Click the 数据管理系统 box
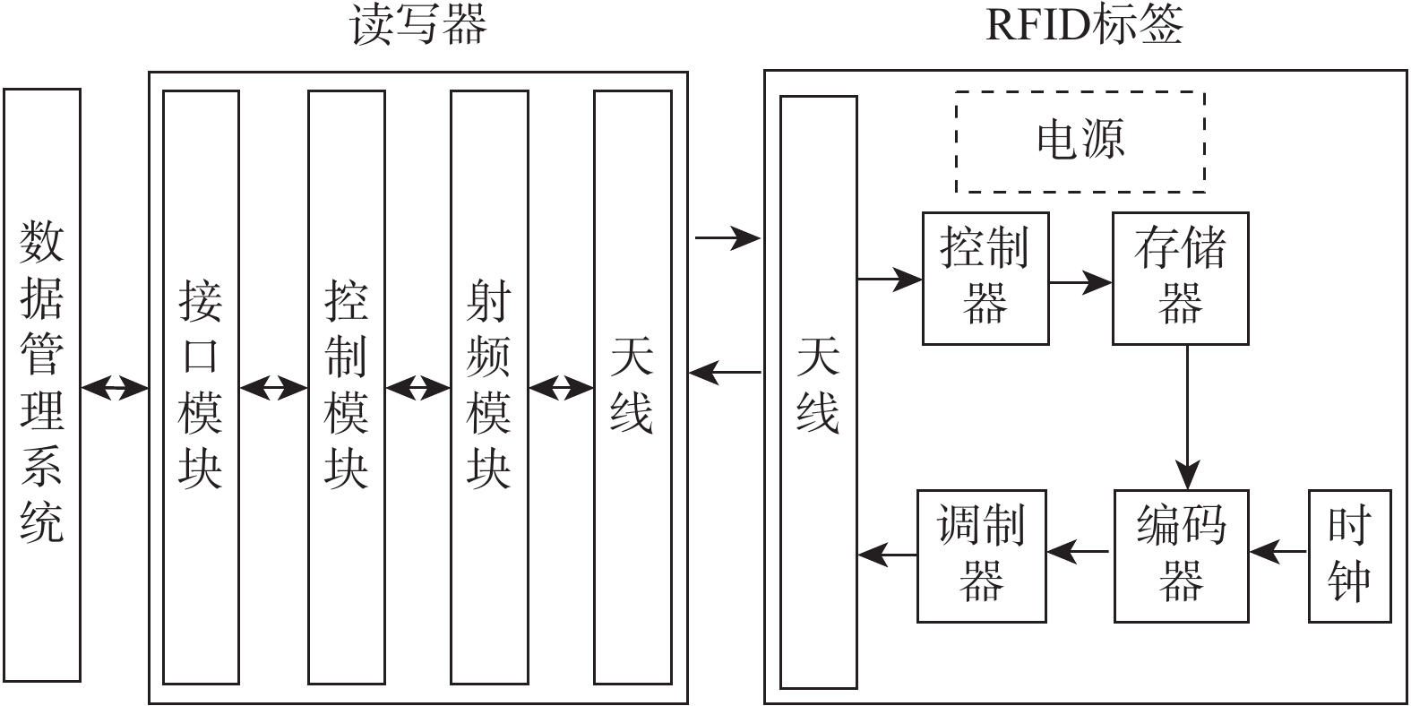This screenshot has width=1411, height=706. (42, 385)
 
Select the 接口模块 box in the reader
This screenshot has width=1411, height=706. (201, 387)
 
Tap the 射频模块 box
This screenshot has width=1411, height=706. (489, 387)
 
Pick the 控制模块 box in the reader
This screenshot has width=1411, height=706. (346, 387)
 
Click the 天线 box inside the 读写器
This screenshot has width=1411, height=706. (632, 387)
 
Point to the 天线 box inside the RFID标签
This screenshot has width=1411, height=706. (818, 392)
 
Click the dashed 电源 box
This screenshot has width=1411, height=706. (1080, 142)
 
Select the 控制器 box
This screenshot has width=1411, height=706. (985, 279)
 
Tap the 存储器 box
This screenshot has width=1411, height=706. (1180, 279)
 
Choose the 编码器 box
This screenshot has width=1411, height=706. (1181, 555)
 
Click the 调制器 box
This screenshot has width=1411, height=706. (982, 555)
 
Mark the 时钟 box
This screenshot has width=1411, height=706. (1349, 555)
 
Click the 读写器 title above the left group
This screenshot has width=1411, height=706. (418, 25)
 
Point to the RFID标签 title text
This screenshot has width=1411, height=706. (1084, 25)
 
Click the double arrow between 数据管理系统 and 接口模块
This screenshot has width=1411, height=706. (114, 388)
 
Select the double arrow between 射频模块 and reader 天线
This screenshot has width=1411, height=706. (561, 389)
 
